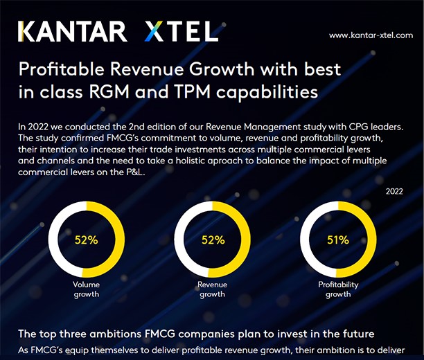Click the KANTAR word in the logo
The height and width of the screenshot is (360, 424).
coord(72,31)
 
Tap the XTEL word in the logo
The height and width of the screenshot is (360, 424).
coord(182,31)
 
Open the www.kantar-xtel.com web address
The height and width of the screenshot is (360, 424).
coord(371,35)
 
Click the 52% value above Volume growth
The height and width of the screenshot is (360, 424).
coord(87,241)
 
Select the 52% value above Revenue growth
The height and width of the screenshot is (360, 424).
coord(213,241)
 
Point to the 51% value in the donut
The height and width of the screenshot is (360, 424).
coord(338,241)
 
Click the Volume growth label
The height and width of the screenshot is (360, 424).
coord(87,289)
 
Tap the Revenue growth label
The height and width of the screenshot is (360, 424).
coord(212,289)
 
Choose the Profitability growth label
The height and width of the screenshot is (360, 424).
coord(338,289)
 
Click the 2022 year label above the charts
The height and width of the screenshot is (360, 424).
coord(394,191)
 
